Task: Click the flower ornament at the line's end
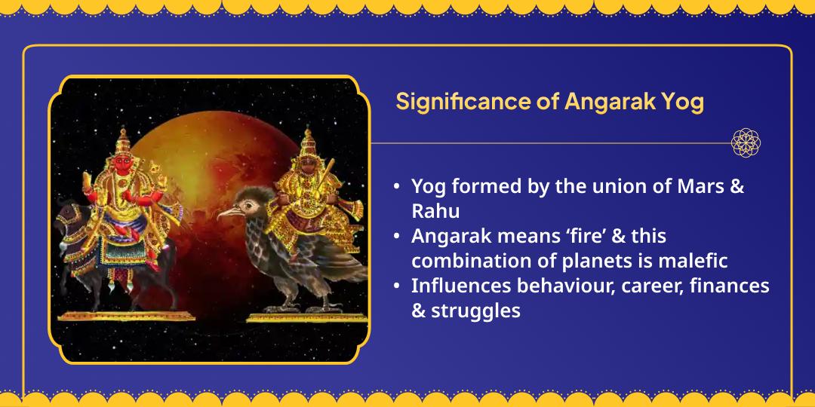point(746,142)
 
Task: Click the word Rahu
point(435,211)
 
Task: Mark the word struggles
point(475,311)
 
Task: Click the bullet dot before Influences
point(397,286)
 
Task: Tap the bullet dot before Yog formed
point(397,188)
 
